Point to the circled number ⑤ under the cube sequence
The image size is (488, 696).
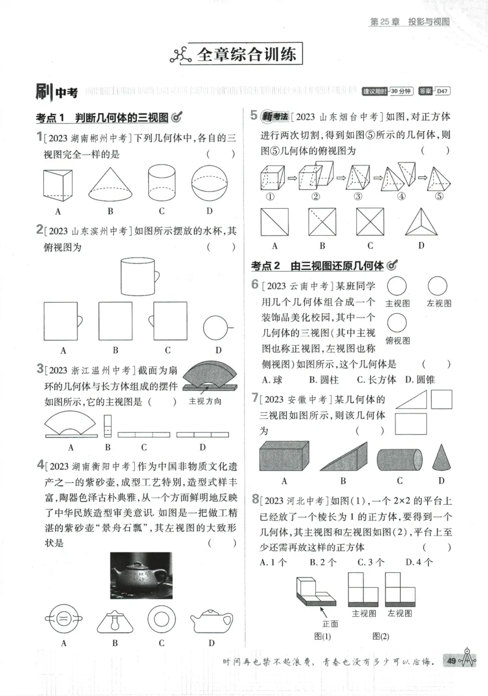(x=439, y=196)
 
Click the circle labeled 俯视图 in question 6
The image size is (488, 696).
(x=397, y=322)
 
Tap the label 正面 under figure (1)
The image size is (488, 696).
(x=330, y=623)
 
